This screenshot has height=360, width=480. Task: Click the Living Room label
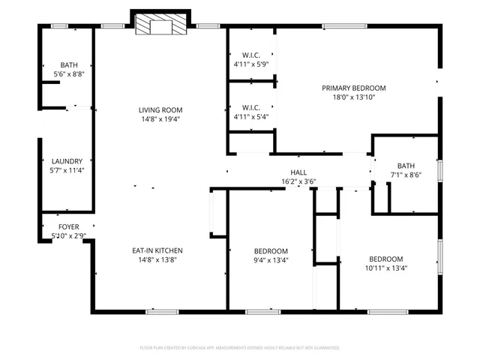[x=160, y=109]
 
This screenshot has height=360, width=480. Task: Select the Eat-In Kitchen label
[x=157, y=250]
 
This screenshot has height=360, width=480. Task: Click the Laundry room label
[x=67, y=161]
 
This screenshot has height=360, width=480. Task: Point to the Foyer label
[x=69, y=226]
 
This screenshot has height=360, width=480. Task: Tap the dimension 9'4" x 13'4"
[x=271, y=260]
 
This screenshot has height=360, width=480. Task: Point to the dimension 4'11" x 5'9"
[x=250, y=64]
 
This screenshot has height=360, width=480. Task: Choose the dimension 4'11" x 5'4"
[x=250, y=117]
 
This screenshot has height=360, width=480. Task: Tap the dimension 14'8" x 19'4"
[x=160, y=118]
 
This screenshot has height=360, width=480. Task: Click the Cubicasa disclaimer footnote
[x=240, y=348]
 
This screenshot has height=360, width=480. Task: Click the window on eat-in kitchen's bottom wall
[x=162, y=310]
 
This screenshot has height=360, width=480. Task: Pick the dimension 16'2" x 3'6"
[x=298, y=181]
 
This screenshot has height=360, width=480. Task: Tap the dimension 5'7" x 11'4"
[x=67, y=170]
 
